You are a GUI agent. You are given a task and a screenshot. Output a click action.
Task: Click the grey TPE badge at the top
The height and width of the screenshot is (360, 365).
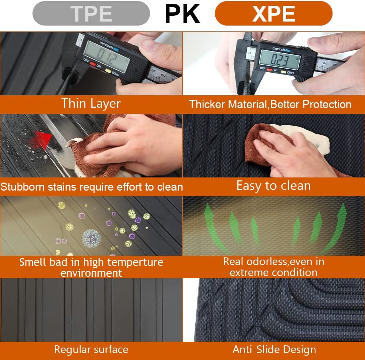click(91, 14)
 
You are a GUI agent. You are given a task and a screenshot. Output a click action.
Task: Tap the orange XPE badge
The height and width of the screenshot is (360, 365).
click(273, 14)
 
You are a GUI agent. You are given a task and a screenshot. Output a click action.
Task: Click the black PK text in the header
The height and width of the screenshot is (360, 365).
click(182, 14)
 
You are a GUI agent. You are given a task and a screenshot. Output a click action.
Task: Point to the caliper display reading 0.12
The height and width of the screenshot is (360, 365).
click(106, 56)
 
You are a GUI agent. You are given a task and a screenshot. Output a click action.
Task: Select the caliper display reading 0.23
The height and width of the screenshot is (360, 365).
click(279, 60)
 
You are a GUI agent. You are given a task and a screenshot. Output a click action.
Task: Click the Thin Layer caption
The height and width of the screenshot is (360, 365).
click(91, 104)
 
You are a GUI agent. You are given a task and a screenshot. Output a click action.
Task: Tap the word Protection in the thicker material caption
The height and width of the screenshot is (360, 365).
click(327, 104)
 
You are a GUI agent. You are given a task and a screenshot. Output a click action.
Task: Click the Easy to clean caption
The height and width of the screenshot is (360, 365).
click(273, 186)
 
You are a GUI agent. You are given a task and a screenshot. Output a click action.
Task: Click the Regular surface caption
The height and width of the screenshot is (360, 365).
click(91, 349)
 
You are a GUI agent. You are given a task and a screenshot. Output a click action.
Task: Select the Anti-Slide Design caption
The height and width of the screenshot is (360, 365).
click(274, 349)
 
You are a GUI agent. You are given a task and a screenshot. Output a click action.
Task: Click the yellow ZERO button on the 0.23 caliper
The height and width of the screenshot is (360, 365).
click(284, 72)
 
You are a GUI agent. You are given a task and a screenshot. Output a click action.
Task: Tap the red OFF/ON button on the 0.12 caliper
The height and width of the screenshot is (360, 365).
click(93, 64)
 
